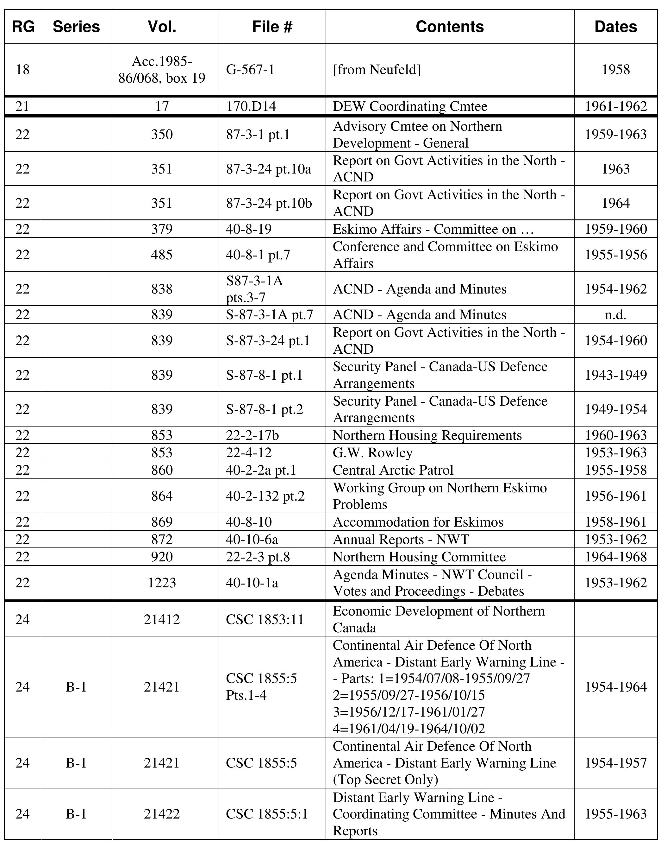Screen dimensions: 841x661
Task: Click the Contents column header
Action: coord(449,27)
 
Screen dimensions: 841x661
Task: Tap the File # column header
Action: coord(272,27)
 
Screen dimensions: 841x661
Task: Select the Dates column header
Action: coord(615,27)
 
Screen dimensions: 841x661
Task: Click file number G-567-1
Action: coord(250,70)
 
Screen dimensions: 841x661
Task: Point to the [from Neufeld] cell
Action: coord(377,70)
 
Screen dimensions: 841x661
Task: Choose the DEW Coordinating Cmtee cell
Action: coord(410,106)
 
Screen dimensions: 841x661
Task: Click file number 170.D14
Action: coord(251,106)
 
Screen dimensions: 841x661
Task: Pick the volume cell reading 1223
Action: coord(162,583)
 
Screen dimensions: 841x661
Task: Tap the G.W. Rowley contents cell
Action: coord(373,452)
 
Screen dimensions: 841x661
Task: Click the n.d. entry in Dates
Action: coord(615,314)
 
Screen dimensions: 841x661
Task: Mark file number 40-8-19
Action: coord(249,229)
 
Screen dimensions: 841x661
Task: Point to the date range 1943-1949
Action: coord(615,375)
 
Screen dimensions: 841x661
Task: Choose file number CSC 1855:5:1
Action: coord(267,814)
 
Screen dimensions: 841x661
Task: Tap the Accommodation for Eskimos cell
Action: coord(418,522)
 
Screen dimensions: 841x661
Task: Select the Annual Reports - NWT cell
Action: coord(401,539)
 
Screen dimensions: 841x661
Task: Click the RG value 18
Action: coord(22,70)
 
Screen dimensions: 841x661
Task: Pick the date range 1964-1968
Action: coord(615,557)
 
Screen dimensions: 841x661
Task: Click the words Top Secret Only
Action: coord(385,780)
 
